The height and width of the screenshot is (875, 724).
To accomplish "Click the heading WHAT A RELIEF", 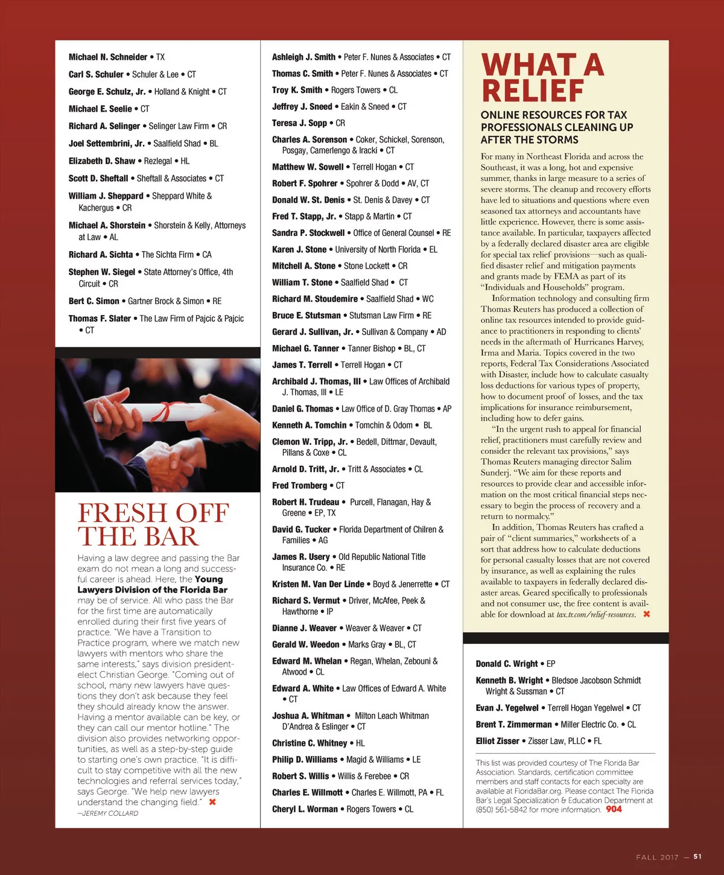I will pyautogui.click(x=542, y=78).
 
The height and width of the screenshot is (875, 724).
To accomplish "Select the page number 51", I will pyautogui.click(x=697, y=856).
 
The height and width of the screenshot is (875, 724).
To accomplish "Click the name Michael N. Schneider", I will pyautogui.click(x=108, y=57).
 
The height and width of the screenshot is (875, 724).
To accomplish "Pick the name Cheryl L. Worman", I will pyautogui.click(x=305, y=809).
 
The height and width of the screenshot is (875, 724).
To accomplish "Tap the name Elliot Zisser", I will pyautogui.click(x=497, y=741).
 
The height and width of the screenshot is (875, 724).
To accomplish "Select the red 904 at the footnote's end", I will pyautogui.click(x=614, y=809).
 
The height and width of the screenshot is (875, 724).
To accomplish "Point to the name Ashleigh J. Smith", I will pyautogui.click(x=303, y=57).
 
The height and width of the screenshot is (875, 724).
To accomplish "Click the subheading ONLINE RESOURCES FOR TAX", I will pyautogui.click(x=554, y=115).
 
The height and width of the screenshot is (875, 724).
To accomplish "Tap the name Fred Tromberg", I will pyautogui.click(x=299, y=486).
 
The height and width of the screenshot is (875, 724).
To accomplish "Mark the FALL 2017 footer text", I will pyautogui.click(x=657, y=857).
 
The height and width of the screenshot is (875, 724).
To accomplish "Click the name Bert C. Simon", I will pyautogui.click(x=94, y=301).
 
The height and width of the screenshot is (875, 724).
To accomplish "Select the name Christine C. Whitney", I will pyautogui.click(x=310, y=743).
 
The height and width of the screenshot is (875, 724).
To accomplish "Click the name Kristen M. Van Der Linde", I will pyautogui.click(x=318, y=584).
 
